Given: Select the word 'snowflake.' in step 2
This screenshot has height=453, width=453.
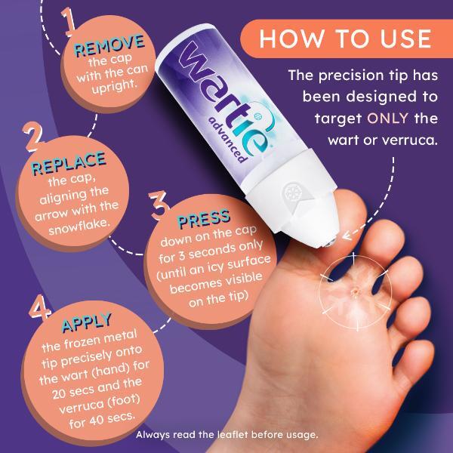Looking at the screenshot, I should click(x=81, y=226).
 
